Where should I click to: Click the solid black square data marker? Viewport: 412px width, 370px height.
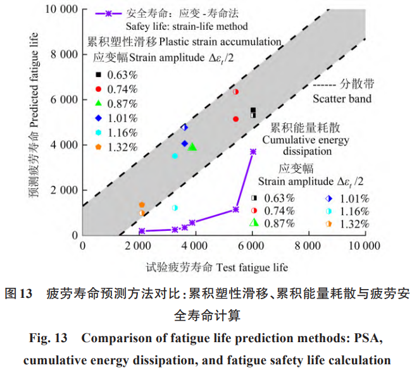coord(253,110)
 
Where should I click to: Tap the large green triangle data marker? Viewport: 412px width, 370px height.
coord(192,147)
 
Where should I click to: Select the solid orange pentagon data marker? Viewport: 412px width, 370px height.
coord(142,204)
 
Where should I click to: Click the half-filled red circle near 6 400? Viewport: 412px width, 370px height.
coord(235,92)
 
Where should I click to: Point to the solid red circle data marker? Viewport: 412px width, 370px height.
coord(235,119)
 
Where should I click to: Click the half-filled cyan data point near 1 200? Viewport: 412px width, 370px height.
coord(175,207)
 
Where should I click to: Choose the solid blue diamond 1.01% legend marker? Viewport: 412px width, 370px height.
coord(99,118)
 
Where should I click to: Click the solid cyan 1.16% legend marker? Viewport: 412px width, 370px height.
coord(99,132)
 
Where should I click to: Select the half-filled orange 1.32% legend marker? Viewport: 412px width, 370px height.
coord(329,223)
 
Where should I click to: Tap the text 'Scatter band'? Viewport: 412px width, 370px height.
coord(342,99)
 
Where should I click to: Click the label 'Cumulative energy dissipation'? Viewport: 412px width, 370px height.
coord(297,145)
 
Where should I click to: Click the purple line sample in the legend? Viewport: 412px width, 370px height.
coord(108,13)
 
